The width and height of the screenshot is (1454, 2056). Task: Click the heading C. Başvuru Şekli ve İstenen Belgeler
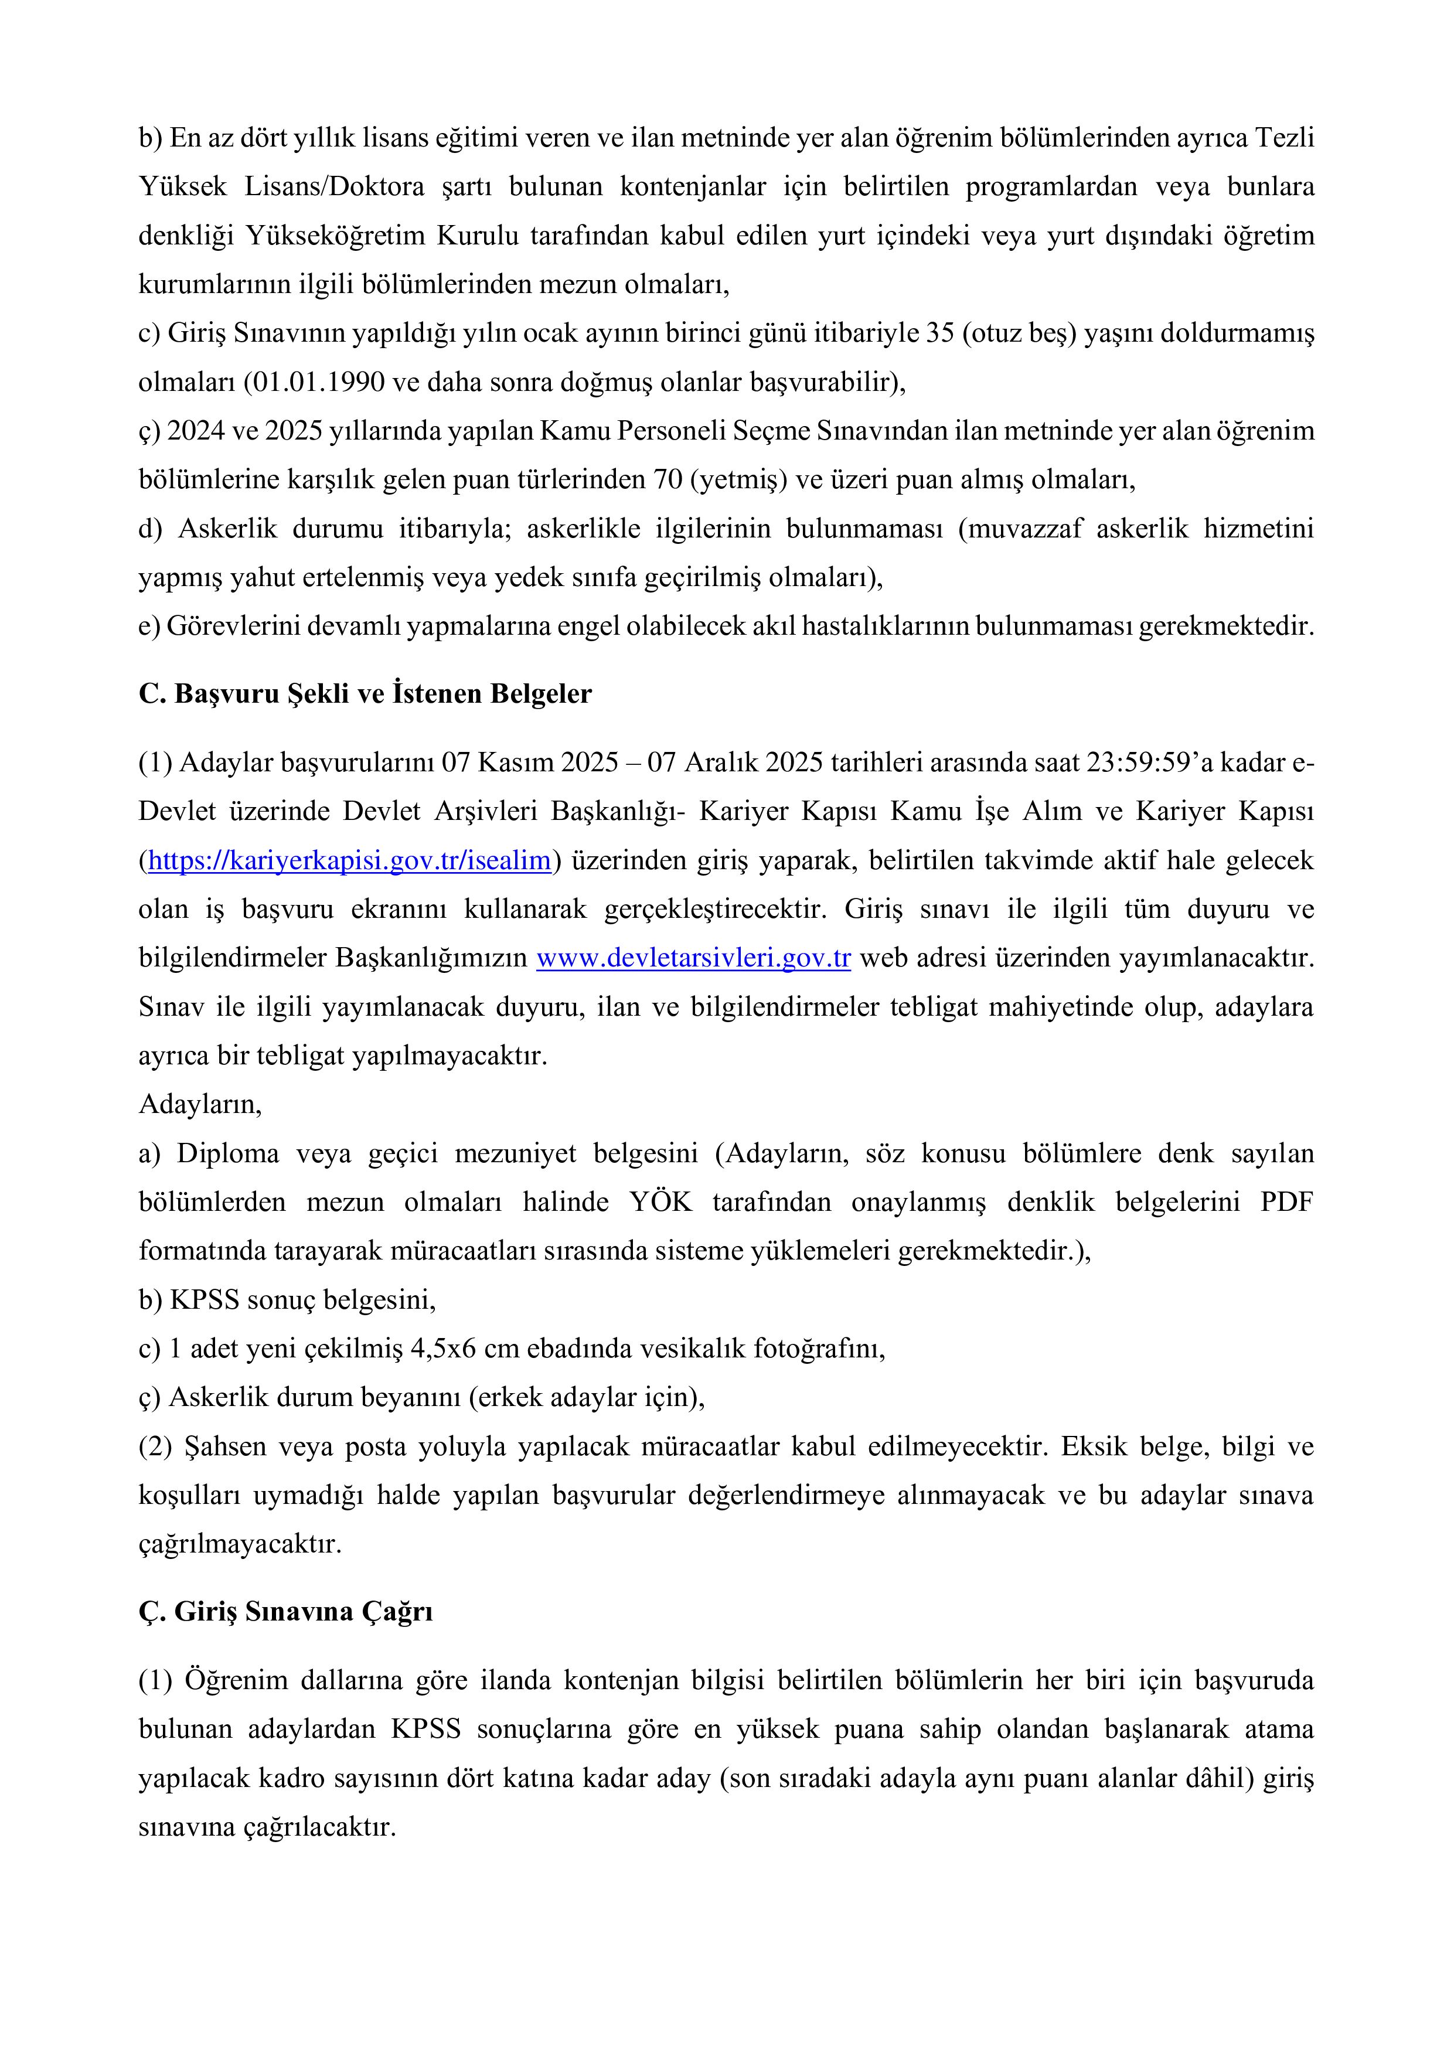coord(365,694)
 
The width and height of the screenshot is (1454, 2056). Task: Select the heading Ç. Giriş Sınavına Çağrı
coord(285,1611)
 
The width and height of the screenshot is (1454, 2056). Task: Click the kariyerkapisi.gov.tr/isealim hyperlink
coord(349,860)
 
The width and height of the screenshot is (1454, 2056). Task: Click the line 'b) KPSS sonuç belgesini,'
coord(287,1299)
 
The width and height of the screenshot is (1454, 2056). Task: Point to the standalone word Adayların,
coord(200,1104)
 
